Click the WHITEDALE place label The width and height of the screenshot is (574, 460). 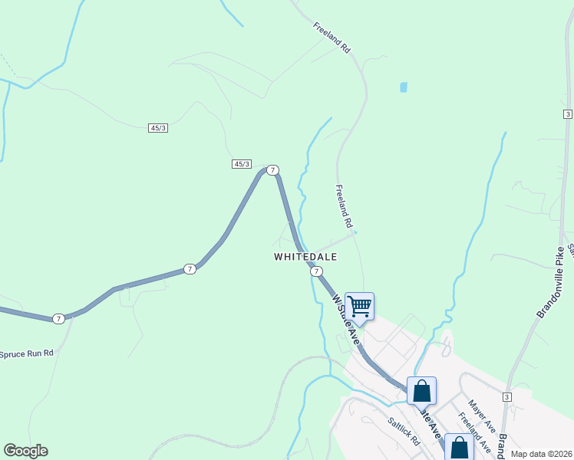(305, 257)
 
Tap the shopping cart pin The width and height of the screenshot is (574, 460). (359, 307)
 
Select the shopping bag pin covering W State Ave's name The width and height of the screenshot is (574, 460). (421, 391)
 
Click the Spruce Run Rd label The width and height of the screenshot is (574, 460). (26, 353)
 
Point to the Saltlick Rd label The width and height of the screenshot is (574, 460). (404, 432)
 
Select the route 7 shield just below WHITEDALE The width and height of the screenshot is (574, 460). (316, 271)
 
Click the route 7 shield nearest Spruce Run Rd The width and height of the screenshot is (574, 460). (58, 318)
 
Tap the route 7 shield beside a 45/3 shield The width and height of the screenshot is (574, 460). (272, 169)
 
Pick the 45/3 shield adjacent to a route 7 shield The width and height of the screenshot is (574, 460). (242, 164)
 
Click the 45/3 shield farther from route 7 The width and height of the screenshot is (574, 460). (158, 128)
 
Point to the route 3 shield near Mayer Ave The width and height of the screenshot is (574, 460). (507, 396)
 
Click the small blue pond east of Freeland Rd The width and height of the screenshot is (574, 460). (404, 87)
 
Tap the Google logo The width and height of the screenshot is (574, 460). (25, 451)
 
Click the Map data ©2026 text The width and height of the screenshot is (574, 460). (541, 454)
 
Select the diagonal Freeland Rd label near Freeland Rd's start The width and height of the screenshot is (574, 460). (332, 37)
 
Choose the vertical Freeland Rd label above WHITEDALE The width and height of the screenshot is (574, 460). (343, 207)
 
